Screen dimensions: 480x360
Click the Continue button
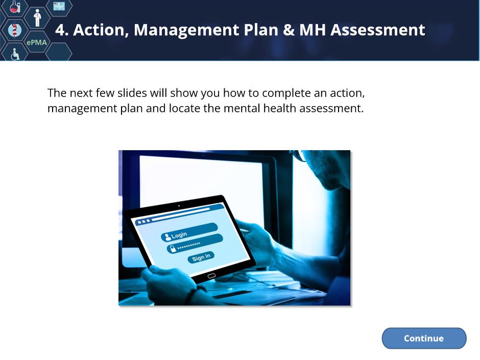(x=424, y=338)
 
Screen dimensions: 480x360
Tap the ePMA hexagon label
(x=37, y=42)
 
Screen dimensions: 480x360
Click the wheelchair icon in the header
(x=15, y=54)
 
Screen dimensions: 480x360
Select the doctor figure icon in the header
(x=37, y=18)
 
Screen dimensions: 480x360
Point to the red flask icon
(x=15, y=7)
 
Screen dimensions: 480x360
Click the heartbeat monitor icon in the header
(x=59, y=6)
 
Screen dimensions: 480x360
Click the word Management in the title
(x=187, y=30)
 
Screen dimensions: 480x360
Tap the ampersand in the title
(x=289, y=30)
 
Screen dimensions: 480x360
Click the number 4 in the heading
(x=60, y=30)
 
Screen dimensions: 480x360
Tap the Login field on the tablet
(x=189, y=232)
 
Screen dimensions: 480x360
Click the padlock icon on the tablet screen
(x=173, y=248)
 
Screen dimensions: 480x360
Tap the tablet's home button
(x=211, y=276)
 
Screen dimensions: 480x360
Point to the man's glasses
(x=299, y=155)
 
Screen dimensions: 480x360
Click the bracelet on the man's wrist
(x=192, y=295)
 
